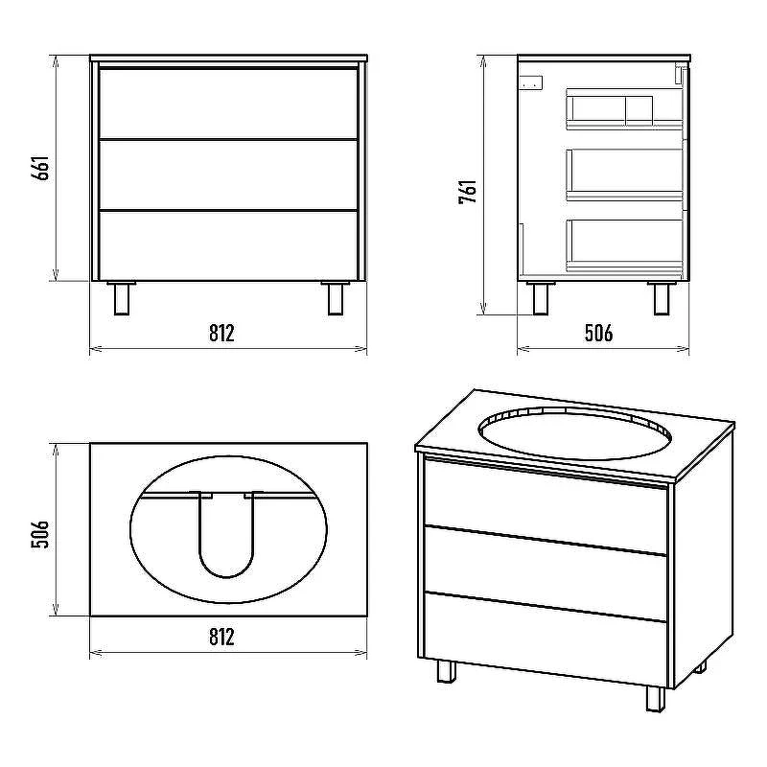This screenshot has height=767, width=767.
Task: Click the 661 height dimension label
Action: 40,169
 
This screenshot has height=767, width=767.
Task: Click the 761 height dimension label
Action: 468,192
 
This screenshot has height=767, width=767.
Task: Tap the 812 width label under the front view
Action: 221,333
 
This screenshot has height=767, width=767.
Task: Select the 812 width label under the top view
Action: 221,637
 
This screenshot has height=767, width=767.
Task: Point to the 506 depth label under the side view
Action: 598,333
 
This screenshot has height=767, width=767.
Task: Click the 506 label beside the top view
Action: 40,535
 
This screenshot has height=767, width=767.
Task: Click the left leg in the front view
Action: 122,298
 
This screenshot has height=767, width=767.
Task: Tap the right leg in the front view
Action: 336,298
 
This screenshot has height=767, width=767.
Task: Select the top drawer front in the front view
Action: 228,104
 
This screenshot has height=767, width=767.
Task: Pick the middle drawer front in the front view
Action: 228,175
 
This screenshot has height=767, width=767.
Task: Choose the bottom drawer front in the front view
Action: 228,246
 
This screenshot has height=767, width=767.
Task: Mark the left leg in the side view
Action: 541,298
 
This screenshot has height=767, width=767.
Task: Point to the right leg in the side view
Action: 662,298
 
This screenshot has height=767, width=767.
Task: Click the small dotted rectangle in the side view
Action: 531,84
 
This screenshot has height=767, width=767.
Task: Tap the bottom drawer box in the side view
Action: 625,245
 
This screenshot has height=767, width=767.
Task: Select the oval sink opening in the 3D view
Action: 575,433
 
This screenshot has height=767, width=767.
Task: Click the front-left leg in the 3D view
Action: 446,670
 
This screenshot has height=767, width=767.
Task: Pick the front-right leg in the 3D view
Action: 656,699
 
